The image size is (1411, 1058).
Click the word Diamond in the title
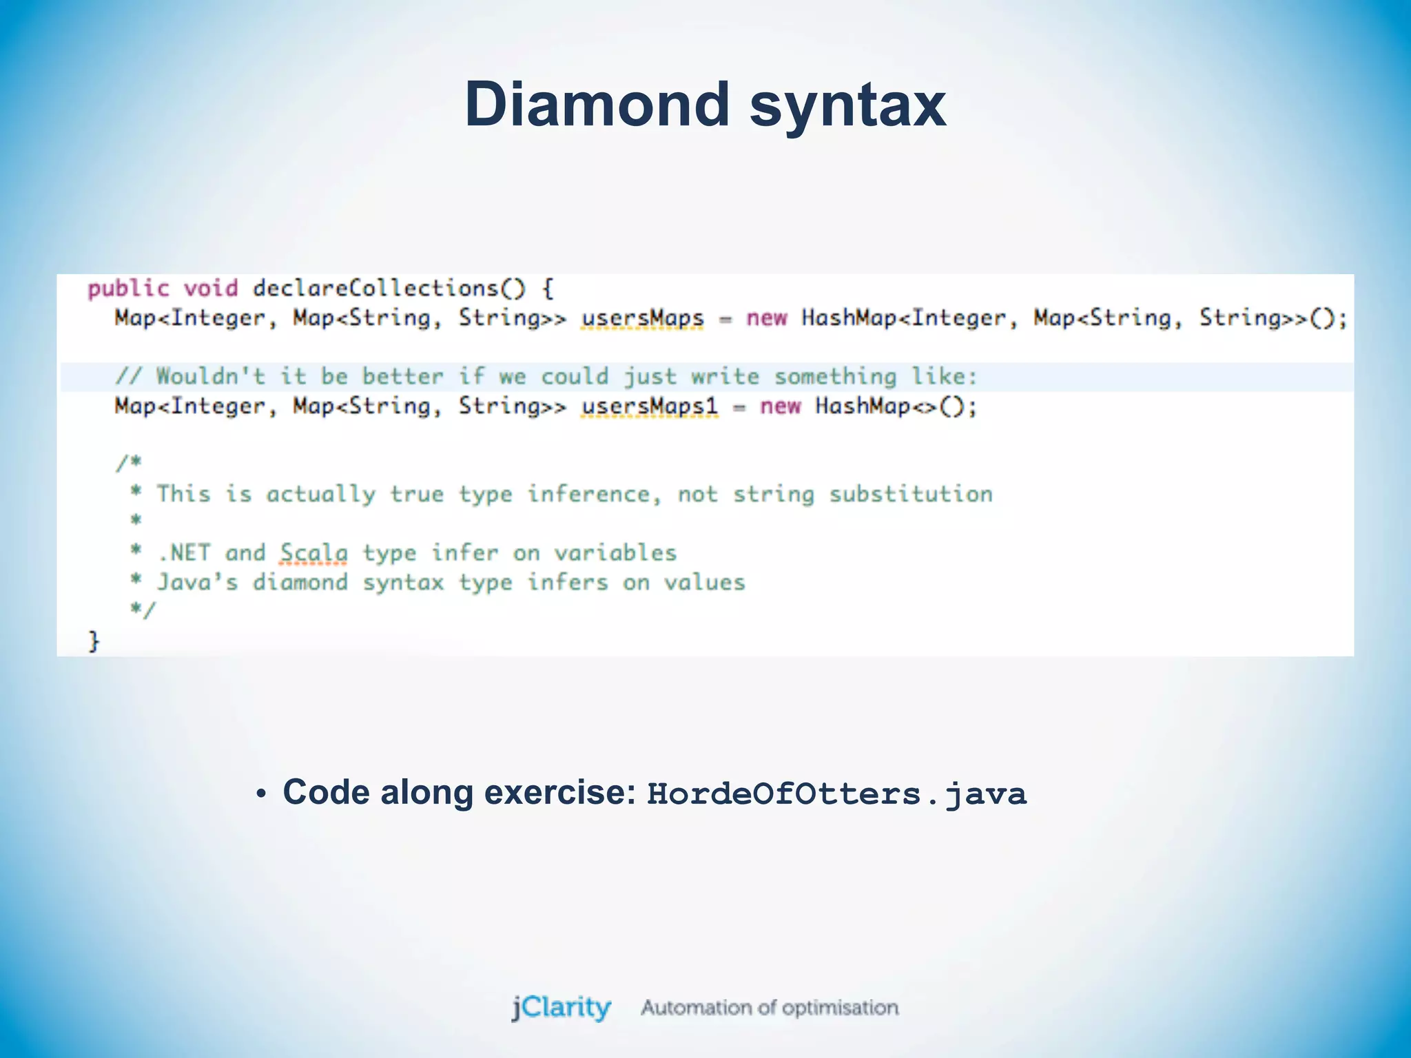597,105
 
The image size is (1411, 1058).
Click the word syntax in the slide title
847,105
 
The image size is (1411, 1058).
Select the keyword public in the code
128,288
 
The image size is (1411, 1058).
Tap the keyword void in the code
211,288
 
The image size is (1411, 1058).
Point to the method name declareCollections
375,288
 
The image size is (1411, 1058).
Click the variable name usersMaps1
649,406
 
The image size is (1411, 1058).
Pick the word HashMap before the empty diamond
863,406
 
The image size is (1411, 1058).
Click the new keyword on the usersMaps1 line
780,406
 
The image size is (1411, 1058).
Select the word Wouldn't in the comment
210,376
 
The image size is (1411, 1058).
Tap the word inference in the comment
588,494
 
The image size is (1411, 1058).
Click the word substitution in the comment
910,494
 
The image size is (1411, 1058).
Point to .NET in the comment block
184,552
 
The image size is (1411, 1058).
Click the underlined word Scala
313,552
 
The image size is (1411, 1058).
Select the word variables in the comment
615,552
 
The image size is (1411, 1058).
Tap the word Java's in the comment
198,582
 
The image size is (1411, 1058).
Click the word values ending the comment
704,582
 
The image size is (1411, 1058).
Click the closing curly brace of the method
94,641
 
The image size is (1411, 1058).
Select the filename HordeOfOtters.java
836,793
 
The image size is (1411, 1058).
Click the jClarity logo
561,1007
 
